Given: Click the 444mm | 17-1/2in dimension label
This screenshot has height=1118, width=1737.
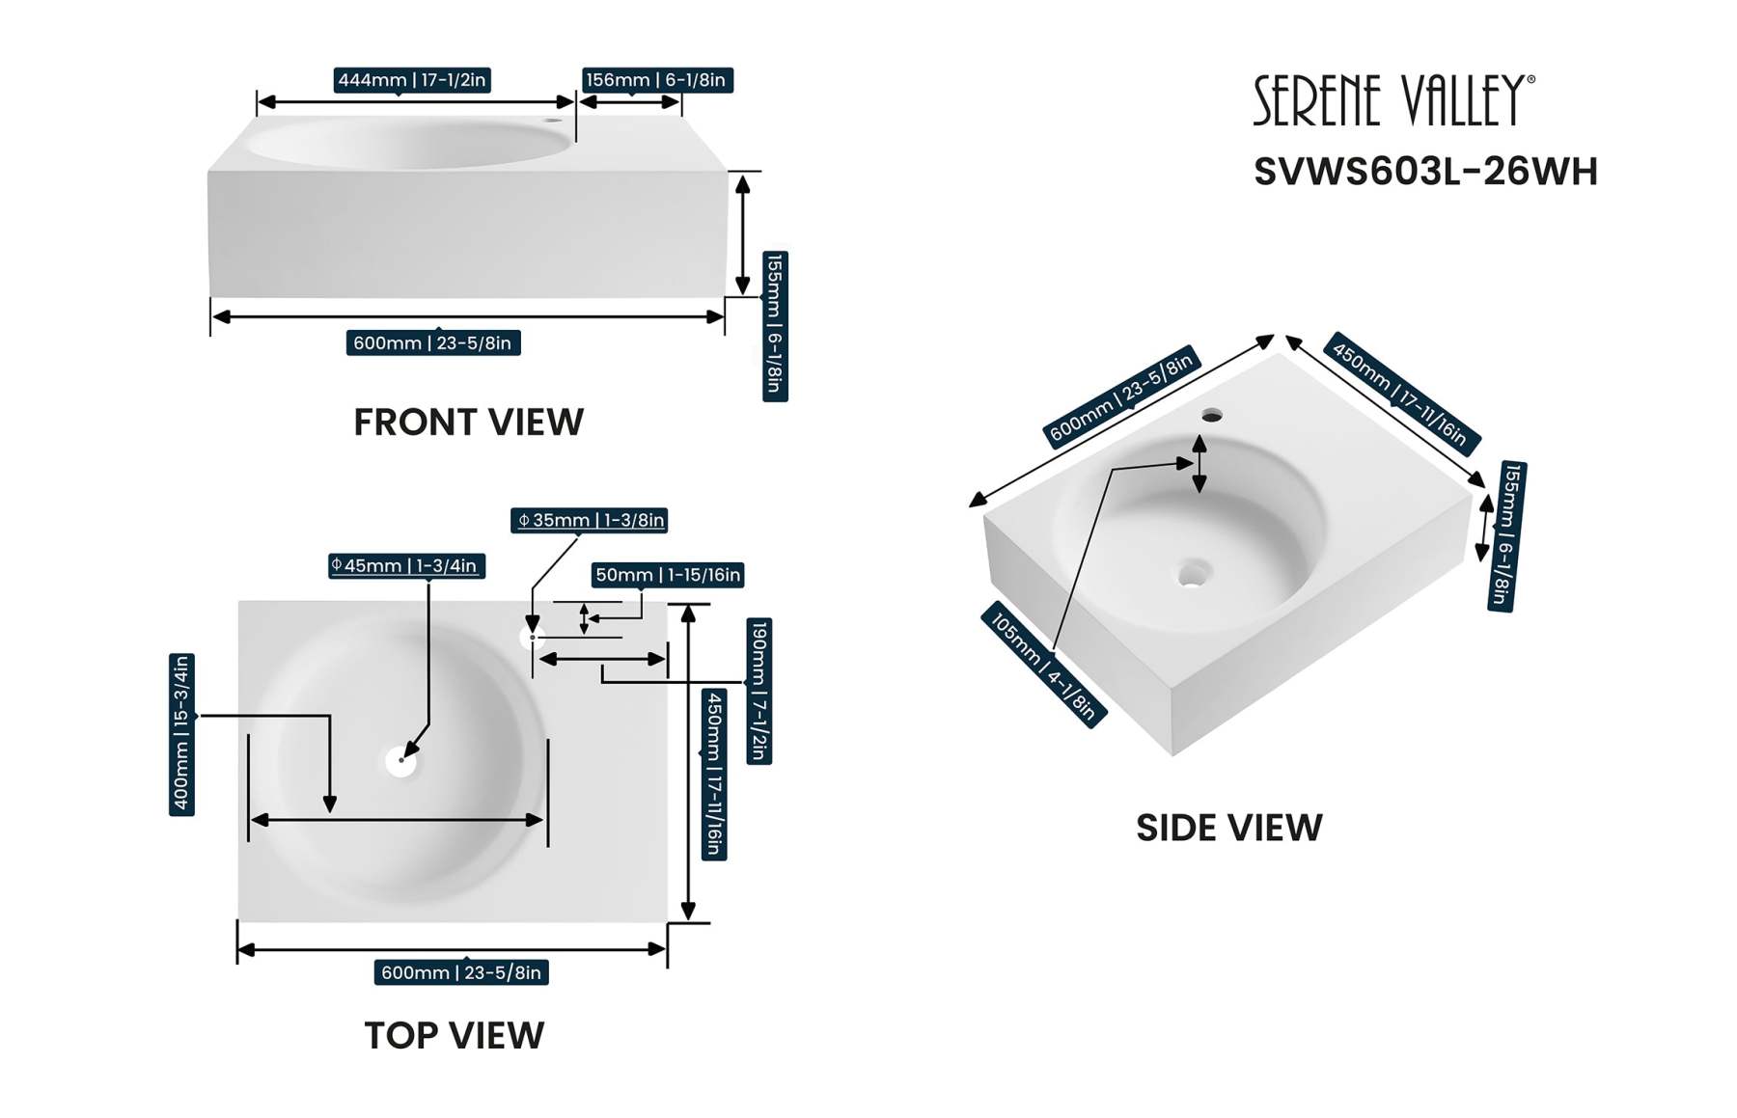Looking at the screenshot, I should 412,80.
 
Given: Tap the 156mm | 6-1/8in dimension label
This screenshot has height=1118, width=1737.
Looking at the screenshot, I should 656,80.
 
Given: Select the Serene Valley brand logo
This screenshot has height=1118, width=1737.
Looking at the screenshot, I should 1392,100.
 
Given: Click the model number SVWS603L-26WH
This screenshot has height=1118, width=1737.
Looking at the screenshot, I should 1425,172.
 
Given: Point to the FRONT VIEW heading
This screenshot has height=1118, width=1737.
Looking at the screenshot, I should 468,423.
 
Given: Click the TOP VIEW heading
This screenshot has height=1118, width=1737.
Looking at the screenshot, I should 454,1036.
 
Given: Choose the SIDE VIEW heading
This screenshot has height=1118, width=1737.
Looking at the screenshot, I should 1228,828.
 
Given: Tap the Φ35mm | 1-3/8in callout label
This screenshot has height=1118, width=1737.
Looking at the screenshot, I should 590,521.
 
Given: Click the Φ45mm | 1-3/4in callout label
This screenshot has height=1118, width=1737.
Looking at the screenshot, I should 406,566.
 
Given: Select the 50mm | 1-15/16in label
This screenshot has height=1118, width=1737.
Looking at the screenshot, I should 668,576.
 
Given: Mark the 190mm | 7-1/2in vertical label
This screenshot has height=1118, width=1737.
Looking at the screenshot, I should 759,691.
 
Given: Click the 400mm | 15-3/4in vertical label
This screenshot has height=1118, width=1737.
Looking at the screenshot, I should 181,734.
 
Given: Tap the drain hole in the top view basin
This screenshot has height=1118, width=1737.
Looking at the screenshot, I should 400,761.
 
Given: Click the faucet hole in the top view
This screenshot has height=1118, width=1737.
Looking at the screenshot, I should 532,638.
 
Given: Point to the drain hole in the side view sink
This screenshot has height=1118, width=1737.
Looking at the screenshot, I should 1194,575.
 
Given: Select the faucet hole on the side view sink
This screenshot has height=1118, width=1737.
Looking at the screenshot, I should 1212,416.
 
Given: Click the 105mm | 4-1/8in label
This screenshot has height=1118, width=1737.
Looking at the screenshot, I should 1043,666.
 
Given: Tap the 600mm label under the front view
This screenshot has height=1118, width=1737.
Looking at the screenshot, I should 432,343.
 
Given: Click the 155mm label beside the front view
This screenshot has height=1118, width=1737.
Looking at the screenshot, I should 775,326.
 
